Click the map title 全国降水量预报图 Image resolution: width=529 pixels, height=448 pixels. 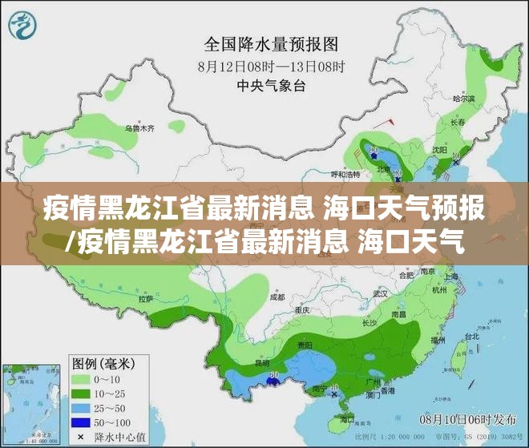[273, 42]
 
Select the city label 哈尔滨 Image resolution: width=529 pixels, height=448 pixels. [464, 99]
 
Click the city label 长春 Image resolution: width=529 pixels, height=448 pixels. [458, 123]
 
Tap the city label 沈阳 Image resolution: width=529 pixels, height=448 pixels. [439, 149]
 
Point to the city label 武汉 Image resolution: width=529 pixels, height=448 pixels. [380, 293]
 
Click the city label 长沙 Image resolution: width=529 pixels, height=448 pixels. [369, 324]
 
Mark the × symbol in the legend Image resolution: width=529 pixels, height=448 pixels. [82, 437]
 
